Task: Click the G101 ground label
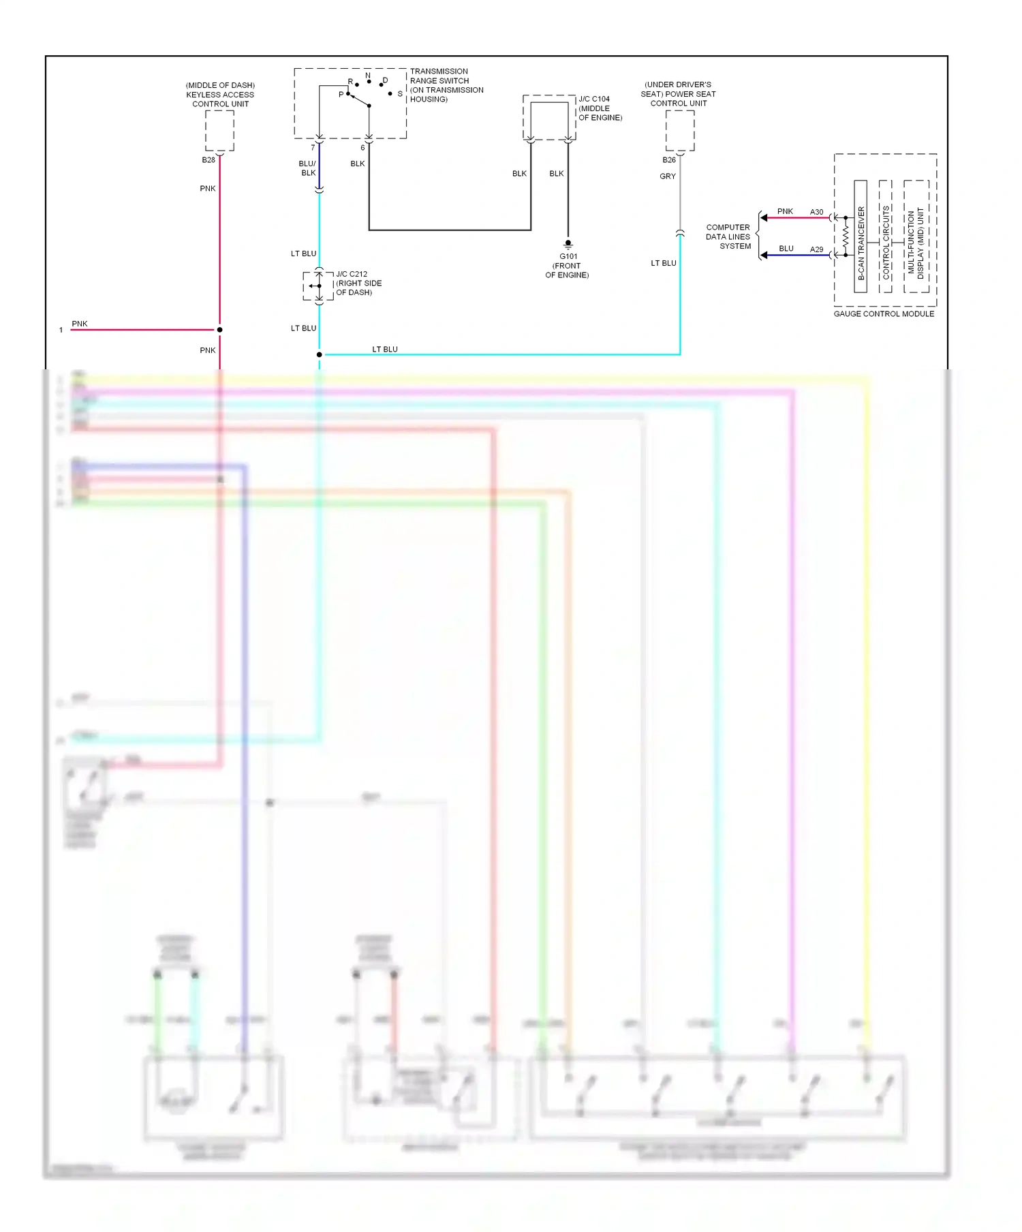pyautogui.click(x=568, y=257)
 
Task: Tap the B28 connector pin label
pyautogui.click(x=208, y=160)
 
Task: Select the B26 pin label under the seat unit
pyautogui.click(x=669, y=160)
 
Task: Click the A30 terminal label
pyautogui.click(x=816, y=212)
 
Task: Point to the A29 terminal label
pyautogui.click(x=816, y=249)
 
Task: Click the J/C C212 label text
pyautogui.click(x=352, y=274)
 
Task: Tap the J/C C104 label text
pyautogui.click(x=594, y=99)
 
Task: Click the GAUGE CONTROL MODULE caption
pyautogui.click(x=884, y=314)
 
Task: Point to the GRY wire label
pyautogui.click(x=668, y=176)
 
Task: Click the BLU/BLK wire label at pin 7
pyautogui.click(x=307, y=168)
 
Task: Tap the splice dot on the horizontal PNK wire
pyautogui.click(x=219, y=330)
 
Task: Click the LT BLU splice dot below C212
pyautogui.click(x=319, y=354)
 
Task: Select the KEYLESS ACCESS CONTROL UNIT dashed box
pyautogui.click(x=219, y=131)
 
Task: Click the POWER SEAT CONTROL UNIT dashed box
pyautogui.click(x=679, y=131)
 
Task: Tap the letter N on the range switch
pyautogui.click(x=368, y=76)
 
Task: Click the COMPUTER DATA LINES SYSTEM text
pyautogui.click(x=728, y=236)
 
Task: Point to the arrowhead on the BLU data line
pyautogui.click(x=764, y=255)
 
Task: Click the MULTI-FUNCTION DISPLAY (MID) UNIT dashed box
pyautogui.click(x=916, y=236)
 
